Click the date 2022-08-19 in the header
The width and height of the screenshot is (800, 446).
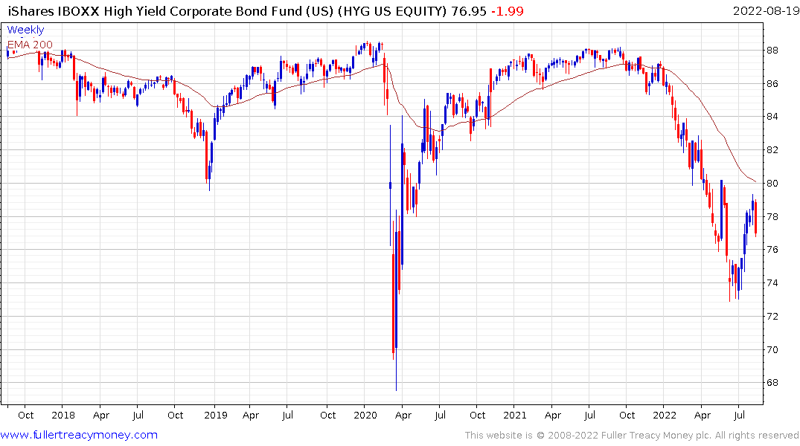click(x=764, y=10)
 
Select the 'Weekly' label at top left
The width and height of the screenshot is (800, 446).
click(x=25, y=30)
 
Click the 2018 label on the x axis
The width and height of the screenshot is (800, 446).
click(x=63, y=415)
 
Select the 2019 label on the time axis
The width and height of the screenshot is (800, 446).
click(x=214, y=415)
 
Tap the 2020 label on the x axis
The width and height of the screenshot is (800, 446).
click(x=365, y=415)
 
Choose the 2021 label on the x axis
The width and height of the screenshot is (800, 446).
click(x=515, y=415)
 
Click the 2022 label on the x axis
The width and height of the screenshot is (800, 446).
click(x=665, y=415)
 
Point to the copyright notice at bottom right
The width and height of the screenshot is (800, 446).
click(x=632, y=436)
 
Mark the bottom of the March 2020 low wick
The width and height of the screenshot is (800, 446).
click(x=396, y=390)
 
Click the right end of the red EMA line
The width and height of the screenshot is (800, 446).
click(x=756, y=182)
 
